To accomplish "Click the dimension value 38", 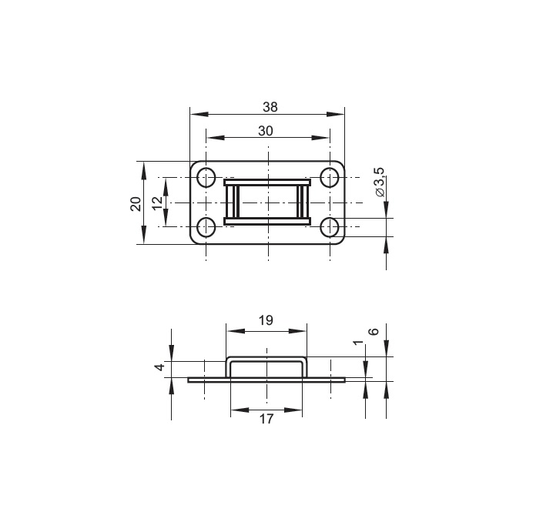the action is click(270, 107).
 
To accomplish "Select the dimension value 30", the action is click(266, 131).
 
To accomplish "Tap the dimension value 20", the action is click(136, 204).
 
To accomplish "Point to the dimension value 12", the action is click(158, 202).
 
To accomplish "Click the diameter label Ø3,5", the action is click(380, 182).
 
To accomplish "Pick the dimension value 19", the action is click(266, 320).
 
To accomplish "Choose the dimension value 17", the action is click(266, 419).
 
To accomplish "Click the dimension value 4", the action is click(160, 367).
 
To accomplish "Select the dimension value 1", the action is click(358, 343).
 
